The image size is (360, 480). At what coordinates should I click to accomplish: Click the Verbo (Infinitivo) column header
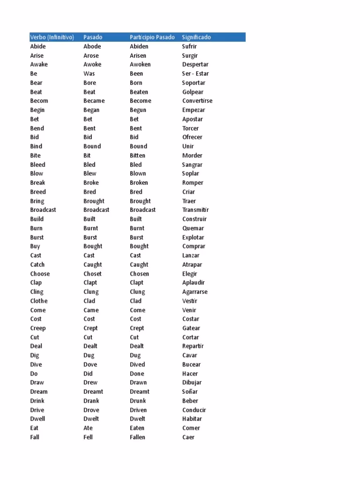tap(52, 37)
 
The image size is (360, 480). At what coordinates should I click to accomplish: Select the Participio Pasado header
tap(152, 37)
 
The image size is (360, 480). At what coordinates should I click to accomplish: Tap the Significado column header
tap(196, 37)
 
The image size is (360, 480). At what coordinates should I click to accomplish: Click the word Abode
tap(92, 46)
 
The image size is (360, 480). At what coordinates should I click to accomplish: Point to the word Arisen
tap(138, 55)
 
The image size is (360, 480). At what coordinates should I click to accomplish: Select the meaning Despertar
tap(195, 65)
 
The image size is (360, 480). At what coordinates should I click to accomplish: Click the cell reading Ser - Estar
tap(195, 74)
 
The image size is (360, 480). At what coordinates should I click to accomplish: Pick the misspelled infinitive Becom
tap(39, 101)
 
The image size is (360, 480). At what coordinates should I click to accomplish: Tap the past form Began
tap(91, 110)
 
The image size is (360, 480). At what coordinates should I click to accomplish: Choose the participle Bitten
tap(137, 156)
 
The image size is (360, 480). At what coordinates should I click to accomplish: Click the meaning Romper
tap(193, 183)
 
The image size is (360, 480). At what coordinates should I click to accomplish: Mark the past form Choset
tap(92, 274)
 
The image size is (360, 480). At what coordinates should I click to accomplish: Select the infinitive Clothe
tap(39, 301)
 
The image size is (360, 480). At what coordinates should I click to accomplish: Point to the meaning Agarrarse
tap(195, 292)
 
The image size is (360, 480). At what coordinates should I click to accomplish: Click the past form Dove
tap(90, 364)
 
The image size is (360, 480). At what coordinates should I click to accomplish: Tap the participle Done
tap(137, 374)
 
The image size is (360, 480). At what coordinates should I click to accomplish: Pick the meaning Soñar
tap(190, 391)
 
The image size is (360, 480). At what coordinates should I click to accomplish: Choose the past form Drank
tap(91, 401)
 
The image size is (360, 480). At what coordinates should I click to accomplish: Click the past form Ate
tap(88, 428)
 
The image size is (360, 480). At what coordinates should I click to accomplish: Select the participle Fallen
tap(137, 437)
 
